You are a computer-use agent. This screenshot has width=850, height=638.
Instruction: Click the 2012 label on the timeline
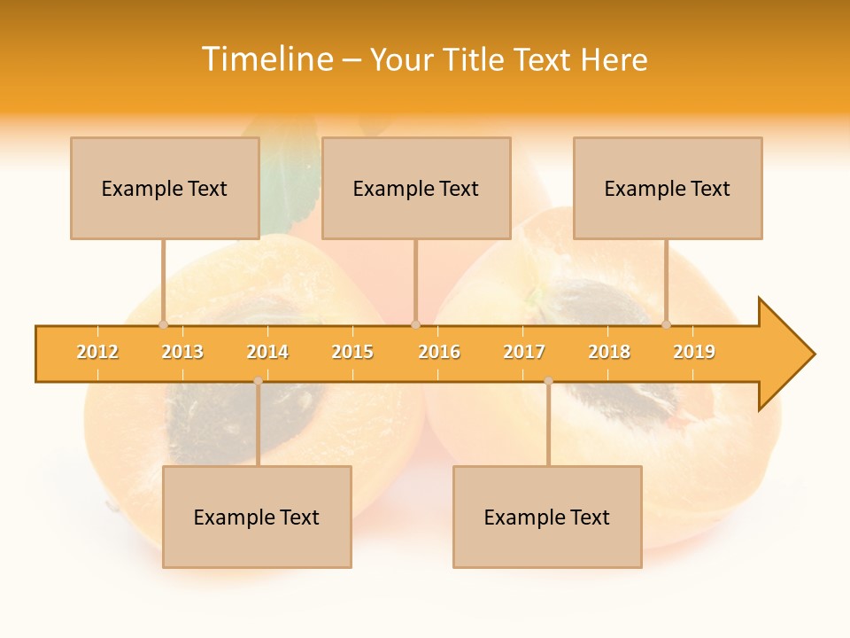tap(97, 352)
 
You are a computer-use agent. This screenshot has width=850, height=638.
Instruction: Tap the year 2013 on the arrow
tap(182, 352)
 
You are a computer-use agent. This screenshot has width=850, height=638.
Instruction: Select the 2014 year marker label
tap(267, 352)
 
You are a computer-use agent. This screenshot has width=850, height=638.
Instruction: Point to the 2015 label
tap(352, 352)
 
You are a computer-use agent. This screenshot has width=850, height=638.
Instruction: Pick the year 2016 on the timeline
tap(439, 352)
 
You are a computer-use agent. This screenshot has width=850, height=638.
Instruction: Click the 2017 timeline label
tap(524, 352)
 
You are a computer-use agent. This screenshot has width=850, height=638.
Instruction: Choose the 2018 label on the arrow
tap(609, 352)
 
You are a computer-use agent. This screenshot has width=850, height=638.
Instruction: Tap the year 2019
tap(694, 352)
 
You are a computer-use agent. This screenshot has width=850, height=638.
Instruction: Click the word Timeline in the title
tap(268, 59)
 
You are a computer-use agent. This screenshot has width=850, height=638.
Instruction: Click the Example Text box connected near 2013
tap(165, 188)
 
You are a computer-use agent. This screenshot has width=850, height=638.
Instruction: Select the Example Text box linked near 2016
tap(416, 188)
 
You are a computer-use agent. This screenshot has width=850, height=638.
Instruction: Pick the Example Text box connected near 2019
tap(668, 188)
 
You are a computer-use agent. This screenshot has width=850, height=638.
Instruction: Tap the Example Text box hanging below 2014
tap(257, 517)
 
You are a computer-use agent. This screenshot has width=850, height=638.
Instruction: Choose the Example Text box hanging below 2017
tap(547, 517)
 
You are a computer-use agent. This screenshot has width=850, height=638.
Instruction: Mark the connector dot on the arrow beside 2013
tap(163, 324)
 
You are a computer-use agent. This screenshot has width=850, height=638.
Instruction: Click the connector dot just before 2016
tap(415, 324)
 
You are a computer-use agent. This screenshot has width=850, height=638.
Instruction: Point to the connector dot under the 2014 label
tap(258, 381)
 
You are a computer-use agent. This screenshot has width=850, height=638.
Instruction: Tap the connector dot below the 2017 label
tap(548, 381)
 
